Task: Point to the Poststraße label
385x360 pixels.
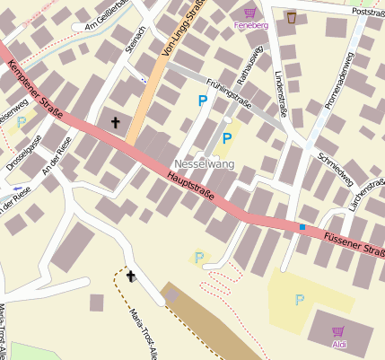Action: (367, 13)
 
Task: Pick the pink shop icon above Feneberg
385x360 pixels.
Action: (249, 13)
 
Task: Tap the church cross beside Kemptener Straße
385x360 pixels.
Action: (114, 121)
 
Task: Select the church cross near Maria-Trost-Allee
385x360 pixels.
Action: (131, 276)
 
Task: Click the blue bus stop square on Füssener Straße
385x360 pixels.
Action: (302, 227)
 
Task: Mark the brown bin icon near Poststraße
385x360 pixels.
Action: (292, 16)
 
